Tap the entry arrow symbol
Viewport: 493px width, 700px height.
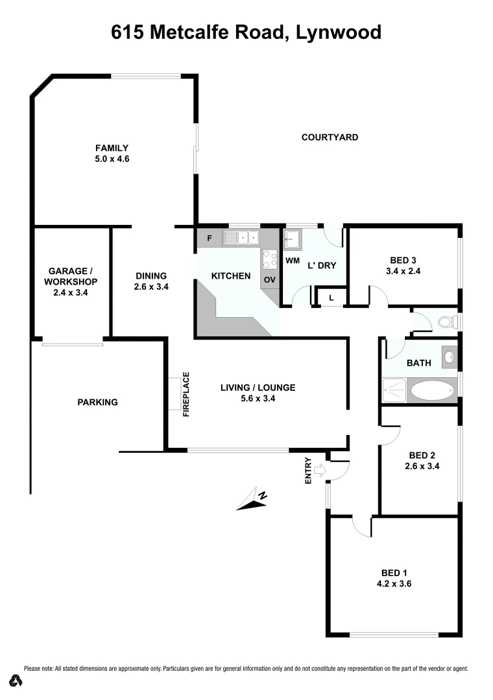click(319, 470)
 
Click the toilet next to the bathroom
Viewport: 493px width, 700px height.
click(447, 321)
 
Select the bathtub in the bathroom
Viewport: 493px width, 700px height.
click(432, 390)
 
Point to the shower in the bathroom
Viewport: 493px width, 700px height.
click(394, 390)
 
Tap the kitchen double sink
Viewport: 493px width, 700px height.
click(241, 239)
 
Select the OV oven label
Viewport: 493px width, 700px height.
click(269, 280)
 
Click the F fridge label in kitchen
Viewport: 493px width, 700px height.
click(209, 238)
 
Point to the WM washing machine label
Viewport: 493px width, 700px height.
click(292, 260)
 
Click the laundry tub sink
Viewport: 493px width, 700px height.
click(292, 239)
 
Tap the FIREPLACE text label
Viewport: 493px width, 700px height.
click(186, 393)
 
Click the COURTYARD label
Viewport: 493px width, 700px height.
click(330, 137)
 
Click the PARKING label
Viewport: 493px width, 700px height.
click(97, 402)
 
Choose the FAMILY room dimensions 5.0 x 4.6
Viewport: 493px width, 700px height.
click(112, 158)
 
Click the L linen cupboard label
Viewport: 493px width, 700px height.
click(331, 297)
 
